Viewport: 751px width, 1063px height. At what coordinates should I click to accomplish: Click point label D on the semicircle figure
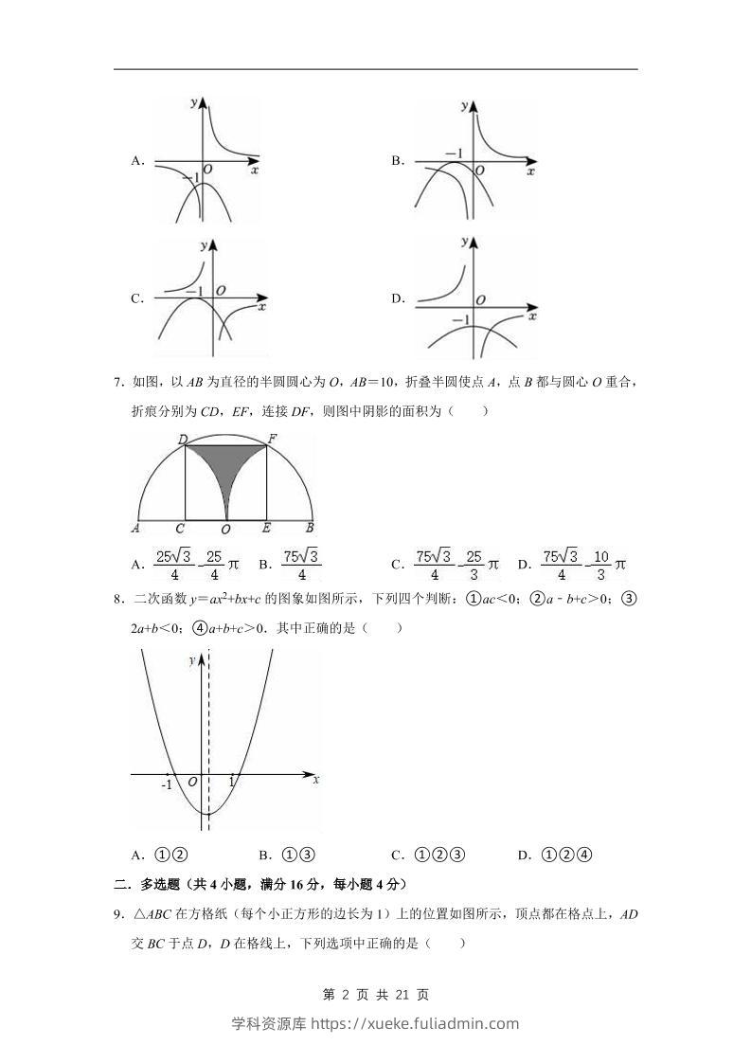tap(183, 439)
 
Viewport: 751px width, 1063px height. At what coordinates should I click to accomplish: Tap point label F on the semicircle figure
tap(272, 439)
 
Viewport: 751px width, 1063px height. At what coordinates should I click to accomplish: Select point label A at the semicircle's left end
tap(136, 530)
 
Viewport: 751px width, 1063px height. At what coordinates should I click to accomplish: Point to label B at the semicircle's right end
tap(310, 530)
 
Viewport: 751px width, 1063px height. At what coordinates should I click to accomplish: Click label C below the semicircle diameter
tap(179, 530)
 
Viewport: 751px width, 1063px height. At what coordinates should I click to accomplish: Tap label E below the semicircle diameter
tap(266, 530)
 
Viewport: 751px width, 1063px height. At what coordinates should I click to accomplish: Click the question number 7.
tap(118, 383)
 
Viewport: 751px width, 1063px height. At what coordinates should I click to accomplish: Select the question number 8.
tap(118, 599)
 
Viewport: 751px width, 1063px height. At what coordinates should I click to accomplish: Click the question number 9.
tap(118, 914)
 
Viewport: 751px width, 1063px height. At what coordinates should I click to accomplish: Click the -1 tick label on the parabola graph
tap(167, 784)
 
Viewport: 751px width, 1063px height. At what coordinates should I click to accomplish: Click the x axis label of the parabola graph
tap(315, 779)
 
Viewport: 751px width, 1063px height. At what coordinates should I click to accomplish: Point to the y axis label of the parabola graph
tap(191, 658)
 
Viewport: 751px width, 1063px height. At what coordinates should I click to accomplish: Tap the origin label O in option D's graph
tap(481, 299)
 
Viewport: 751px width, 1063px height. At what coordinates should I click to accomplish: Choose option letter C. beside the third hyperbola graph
tap(137, 298)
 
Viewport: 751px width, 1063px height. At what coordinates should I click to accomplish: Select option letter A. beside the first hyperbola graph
tap(137, 161)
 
